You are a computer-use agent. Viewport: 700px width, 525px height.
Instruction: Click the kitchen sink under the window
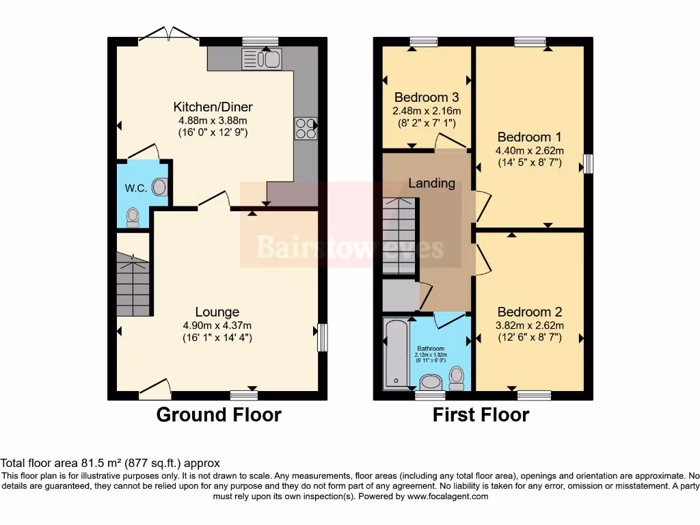[261, 59]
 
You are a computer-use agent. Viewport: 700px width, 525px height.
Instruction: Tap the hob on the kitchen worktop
[305, 129]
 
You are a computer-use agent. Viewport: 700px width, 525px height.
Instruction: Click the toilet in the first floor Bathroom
[457, 377]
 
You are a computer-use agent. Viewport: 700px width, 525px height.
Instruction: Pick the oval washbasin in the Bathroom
[431, 381]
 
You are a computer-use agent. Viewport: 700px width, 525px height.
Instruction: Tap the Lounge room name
[217, 312]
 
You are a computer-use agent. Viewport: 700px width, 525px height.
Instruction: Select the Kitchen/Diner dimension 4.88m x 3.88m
[213, 120]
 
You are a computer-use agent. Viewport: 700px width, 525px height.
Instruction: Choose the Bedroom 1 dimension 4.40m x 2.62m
[530, 150]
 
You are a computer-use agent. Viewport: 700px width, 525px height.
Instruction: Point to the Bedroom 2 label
[530, 312]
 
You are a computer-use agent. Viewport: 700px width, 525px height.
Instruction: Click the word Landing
[431, 183]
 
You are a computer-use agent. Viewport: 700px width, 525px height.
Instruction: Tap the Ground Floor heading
[219, 415]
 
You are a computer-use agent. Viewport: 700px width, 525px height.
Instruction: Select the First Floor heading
[481, 415]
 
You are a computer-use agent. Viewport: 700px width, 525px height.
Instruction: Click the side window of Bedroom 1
[587, 164]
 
